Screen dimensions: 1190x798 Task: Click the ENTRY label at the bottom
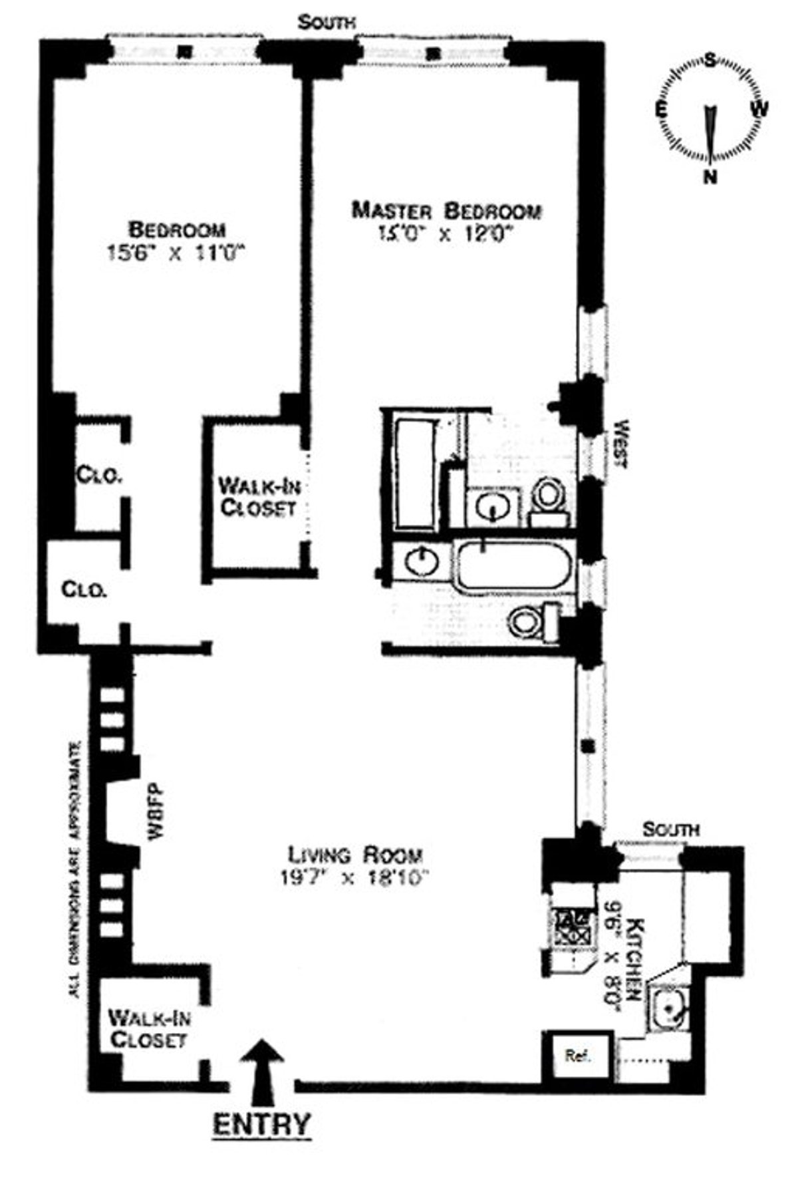click(x=261, y=1123)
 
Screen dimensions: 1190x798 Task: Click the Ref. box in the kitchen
click(x=577, y=1056)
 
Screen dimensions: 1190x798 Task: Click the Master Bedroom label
click(x=446, y=211)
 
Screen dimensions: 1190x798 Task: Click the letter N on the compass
click(x=711, y=176)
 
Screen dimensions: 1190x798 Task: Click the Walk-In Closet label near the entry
click(x=147, y=1028)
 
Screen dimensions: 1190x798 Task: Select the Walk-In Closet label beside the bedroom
click(x=259, y=497)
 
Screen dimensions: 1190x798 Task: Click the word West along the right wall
click(x=621, y=444)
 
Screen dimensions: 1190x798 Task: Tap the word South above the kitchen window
click(x=671, y=829)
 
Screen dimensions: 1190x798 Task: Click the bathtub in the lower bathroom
click(x=514, y=566)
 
